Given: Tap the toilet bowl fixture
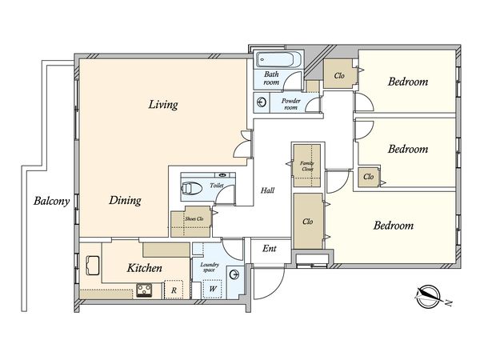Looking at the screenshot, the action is click(x=192, y=188).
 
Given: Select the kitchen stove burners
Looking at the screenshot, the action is click(x=144, y=290).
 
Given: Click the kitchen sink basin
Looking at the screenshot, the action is click(x=93, y=266).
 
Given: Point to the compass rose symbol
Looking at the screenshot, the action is click(x=428, y=296).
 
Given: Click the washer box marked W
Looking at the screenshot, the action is click(x=213, y=289).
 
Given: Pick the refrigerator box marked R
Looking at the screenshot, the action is click(x=174, y=290).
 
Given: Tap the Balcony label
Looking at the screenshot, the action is click(x=51, y=201).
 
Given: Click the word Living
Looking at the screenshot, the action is click(x=163, y=105).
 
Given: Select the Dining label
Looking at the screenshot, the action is click(x=126, y=201).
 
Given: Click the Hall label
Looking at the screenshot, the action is click(x=267, y=190).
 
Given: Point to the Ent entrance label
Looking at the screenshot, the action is click(x=270, y=248).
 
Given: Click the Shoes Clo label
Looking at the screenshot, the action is click(x=194, y=219).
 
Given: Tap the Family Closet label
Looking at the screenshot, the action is click(x=307, y=166).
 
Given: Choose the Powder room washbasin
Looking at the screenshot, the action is click(x=262, y=102).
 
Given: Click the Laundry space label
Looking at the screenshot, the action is click(x=210, y=267).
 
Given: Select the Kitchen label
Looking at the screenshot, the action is click(x=145, y=268).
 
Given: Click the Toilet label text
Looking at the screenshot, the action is click(x=217, y=186).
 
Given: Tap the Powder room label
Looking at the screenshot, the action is click(x=291, y=104).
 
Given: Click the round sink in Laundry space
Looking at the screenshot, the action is click(x=234, y=274).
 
